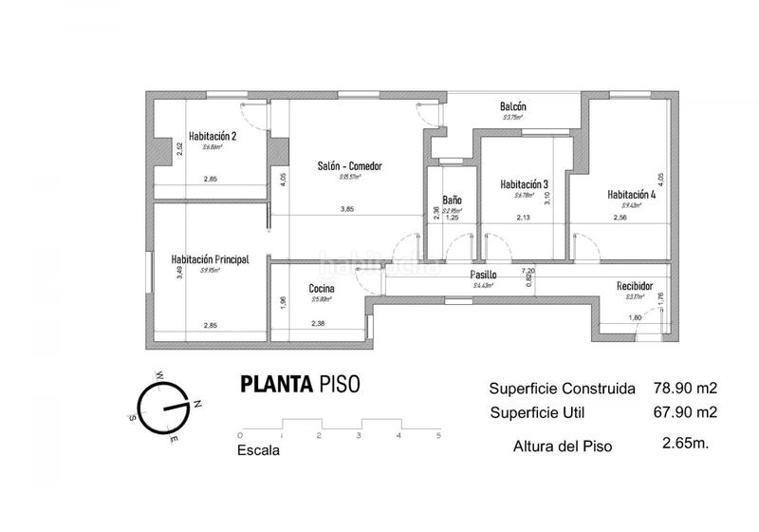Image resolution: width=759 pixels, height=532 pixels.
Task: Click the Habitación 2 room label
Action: point(212,136)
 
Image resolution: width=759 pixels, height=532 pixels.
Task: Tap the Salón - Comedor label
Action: point(349,166)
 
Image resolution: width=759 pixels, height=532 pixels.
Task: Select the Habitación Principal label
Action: point(210,257)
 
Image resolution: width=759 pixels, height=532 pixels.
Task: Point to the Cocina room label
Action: point(321,289)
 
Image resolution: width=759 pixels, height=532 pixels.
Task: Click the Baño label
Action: point(452,200)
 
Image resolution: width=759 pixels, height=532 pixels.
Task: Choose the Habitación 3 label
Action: point(525,184)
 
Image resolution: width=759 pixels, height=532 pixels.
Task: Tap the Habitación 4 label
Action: point(632,194)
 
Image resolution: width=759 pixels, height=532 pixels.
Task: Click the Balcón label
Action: point(512,106)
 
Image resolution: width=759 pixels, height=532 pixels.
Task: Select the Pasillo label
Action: point(484,275)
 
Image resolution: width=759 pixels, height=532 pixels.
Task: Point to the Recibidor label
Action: point(634,284)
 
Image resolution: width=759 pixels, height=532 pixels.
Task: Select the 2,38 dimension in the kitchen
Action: point(318,323)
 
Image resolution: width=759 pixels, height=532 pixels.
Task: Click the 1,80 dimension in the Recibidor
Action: point(636,317)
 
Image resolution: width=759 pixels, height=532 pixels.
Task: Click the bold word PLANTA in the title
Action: point(277,385)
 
